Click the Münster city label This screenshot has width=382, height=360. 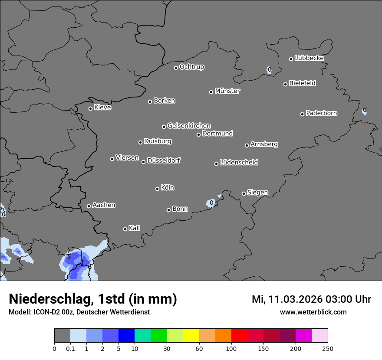[227, 91]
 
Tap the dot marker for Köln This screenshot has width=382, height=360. [157, 189]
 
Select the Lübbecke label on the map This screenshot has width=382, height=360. [309, 58]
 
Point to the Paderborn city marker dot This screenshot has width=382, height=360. [303, 114]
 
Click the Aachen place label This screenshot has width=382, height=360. [104, 205]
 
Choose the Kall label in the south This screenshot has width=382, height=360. [135, 228]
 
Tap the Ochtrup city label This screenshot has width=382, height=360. [192, 67]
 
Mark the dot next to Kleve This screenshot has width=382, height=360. [90, 108]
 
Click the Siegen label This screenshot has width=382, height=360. [257, 193]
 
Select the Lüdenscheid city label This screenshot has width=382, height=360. [239, 163]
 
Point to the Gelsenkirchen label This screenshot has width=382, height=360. [189, 126]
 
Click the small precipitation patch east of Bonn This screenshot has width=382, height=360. [211, 203]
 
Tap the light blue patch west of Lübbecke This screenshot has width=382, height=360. [269, 70]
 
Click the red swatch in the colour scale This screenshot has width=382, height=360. [239, 336]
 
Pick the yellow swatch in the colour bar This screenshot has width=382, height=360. [191, 336]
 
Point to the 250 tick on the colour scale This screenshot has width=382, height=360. [328, 348]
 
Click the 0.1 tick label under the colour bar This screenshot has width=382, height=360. [70, 348]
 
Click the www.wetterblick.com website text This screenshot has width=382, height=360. [313, 312]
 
